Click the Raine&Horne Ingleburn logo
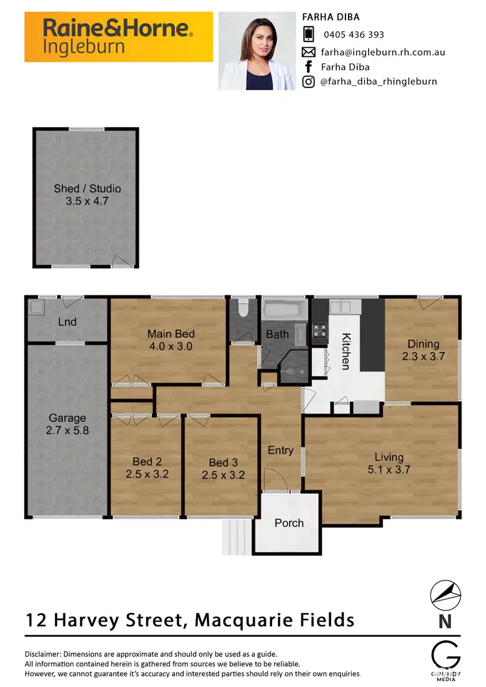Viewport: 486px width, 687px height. (119, 36)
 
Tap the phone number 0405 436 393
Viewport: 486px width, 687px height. (353, 34)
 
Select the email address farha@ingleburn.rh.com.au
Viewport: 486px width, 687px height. (383, 52)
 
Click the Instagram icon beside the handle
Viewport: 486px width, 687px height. (309, 82)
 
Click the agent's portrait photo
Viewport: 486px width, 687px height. (257, 51)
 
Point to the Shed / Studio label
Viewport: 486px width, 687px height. (87, 195)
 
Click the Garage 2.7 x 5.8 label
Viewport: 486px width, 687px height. (67, 425)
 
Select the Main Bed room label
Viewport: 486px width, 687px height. (170, 340)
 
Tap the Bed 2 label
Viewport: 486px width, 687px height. (147, 467)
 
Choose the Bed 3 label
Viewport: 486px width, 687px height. (223, 468)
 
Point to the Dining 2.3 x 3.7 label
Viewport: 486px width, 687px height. (423, 350)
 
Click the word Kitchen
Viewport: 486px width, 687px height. (346, 351)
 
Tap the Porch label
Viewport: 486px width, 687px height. (288, 523)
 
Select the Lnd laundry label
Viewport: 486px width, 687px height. (67, 322)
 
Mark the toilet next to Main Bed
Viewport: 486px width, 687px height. (244, 309)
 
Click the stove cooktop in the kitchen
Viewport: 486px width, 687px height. (320, 331)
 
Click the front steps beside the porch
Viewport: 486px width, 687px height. (237, 536)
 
